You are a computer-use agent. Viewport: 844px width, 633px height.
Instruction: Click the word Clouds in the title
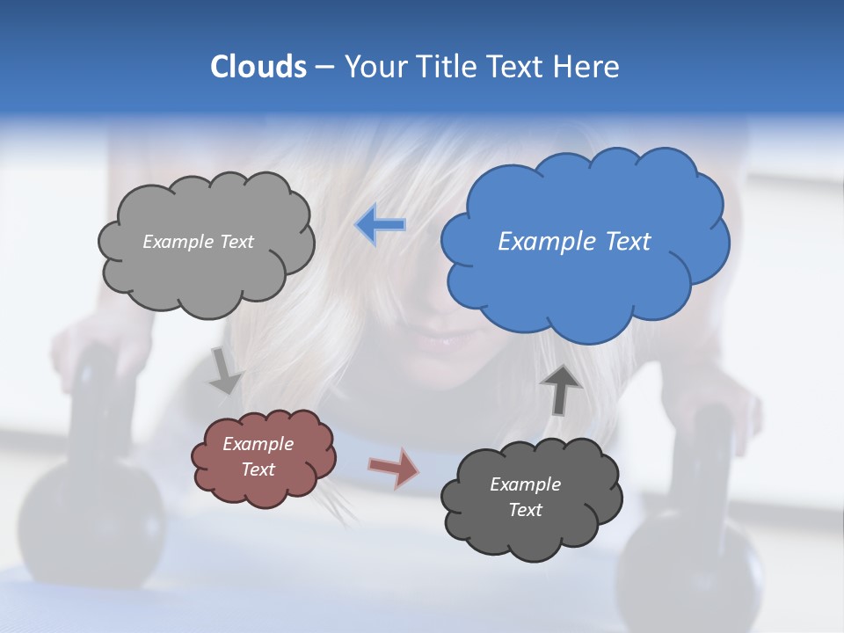point(258,67)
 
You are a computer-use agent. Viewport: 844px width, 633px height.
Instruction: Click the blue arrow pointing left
point(381,226)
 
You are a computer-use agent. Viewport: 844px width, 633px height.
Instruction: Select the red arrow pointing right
point(394,468)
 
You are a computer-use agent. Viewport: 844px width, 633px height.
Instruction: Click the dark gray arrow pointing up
point(560,389)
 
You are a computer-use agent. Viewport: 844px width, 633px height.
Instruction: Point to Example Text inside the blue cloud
point(574,242)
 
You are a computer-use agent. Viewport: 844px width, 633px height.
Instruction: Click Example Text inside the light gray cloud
point(198,242)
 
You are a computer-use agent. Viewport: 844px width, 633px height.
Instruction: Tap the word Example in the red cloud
point(258,444)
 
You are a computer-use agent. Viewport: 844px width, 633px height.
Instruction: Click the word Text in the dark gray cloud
point(525,510)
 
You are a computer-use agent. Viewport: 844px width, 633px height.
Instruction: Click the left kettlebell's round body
point(88,519)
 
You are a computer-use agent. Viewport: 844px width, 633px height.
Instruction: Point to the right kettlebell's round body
point(695,563)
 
